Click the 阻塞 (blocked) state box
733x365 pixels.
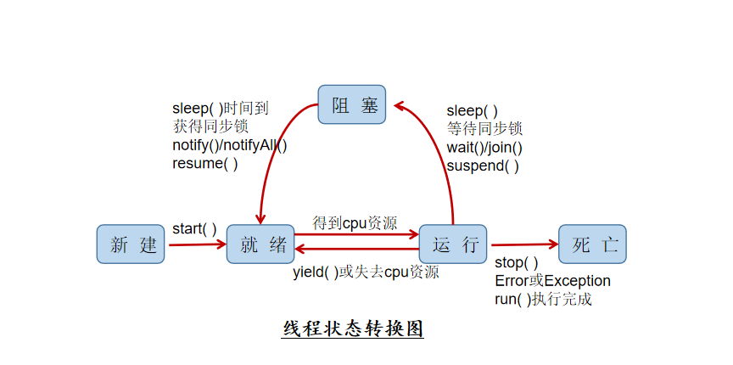coord(352,106)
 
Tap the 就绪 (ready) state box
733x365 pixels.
coord(260,244)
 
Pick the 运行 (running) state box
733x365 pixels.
coord(454,244)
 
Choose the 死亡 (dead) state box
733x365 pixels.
coord(592,244)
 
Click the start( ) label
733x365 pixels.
coord(194,229)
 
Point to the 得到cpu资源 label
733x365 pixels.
coord(355,222)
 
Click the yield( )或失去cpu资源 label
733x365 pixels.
coord(366,272)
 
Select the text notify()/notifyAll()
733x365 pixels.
coord(230,145)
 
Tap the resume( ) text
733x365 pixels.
coord(205,164)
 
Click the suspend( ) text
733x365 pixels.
coord(483,166)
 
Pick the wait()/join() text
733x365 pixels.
coord(484,147)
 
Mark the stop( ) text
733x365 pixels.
coord(517,262)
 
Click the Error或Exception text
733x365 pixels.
coord(552,281)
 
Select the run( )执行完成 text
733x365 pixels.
coord(543,299)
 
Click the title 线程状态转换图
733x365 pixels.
coord(352,328)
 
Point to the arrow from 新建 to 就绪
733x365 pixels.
coord(198,245)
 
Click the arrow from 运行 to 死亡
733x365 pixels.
coord(525,244)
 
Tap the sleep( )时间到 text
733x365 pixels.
coord(221,108)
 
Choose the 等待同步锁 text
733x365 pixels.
coord(484,128)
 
